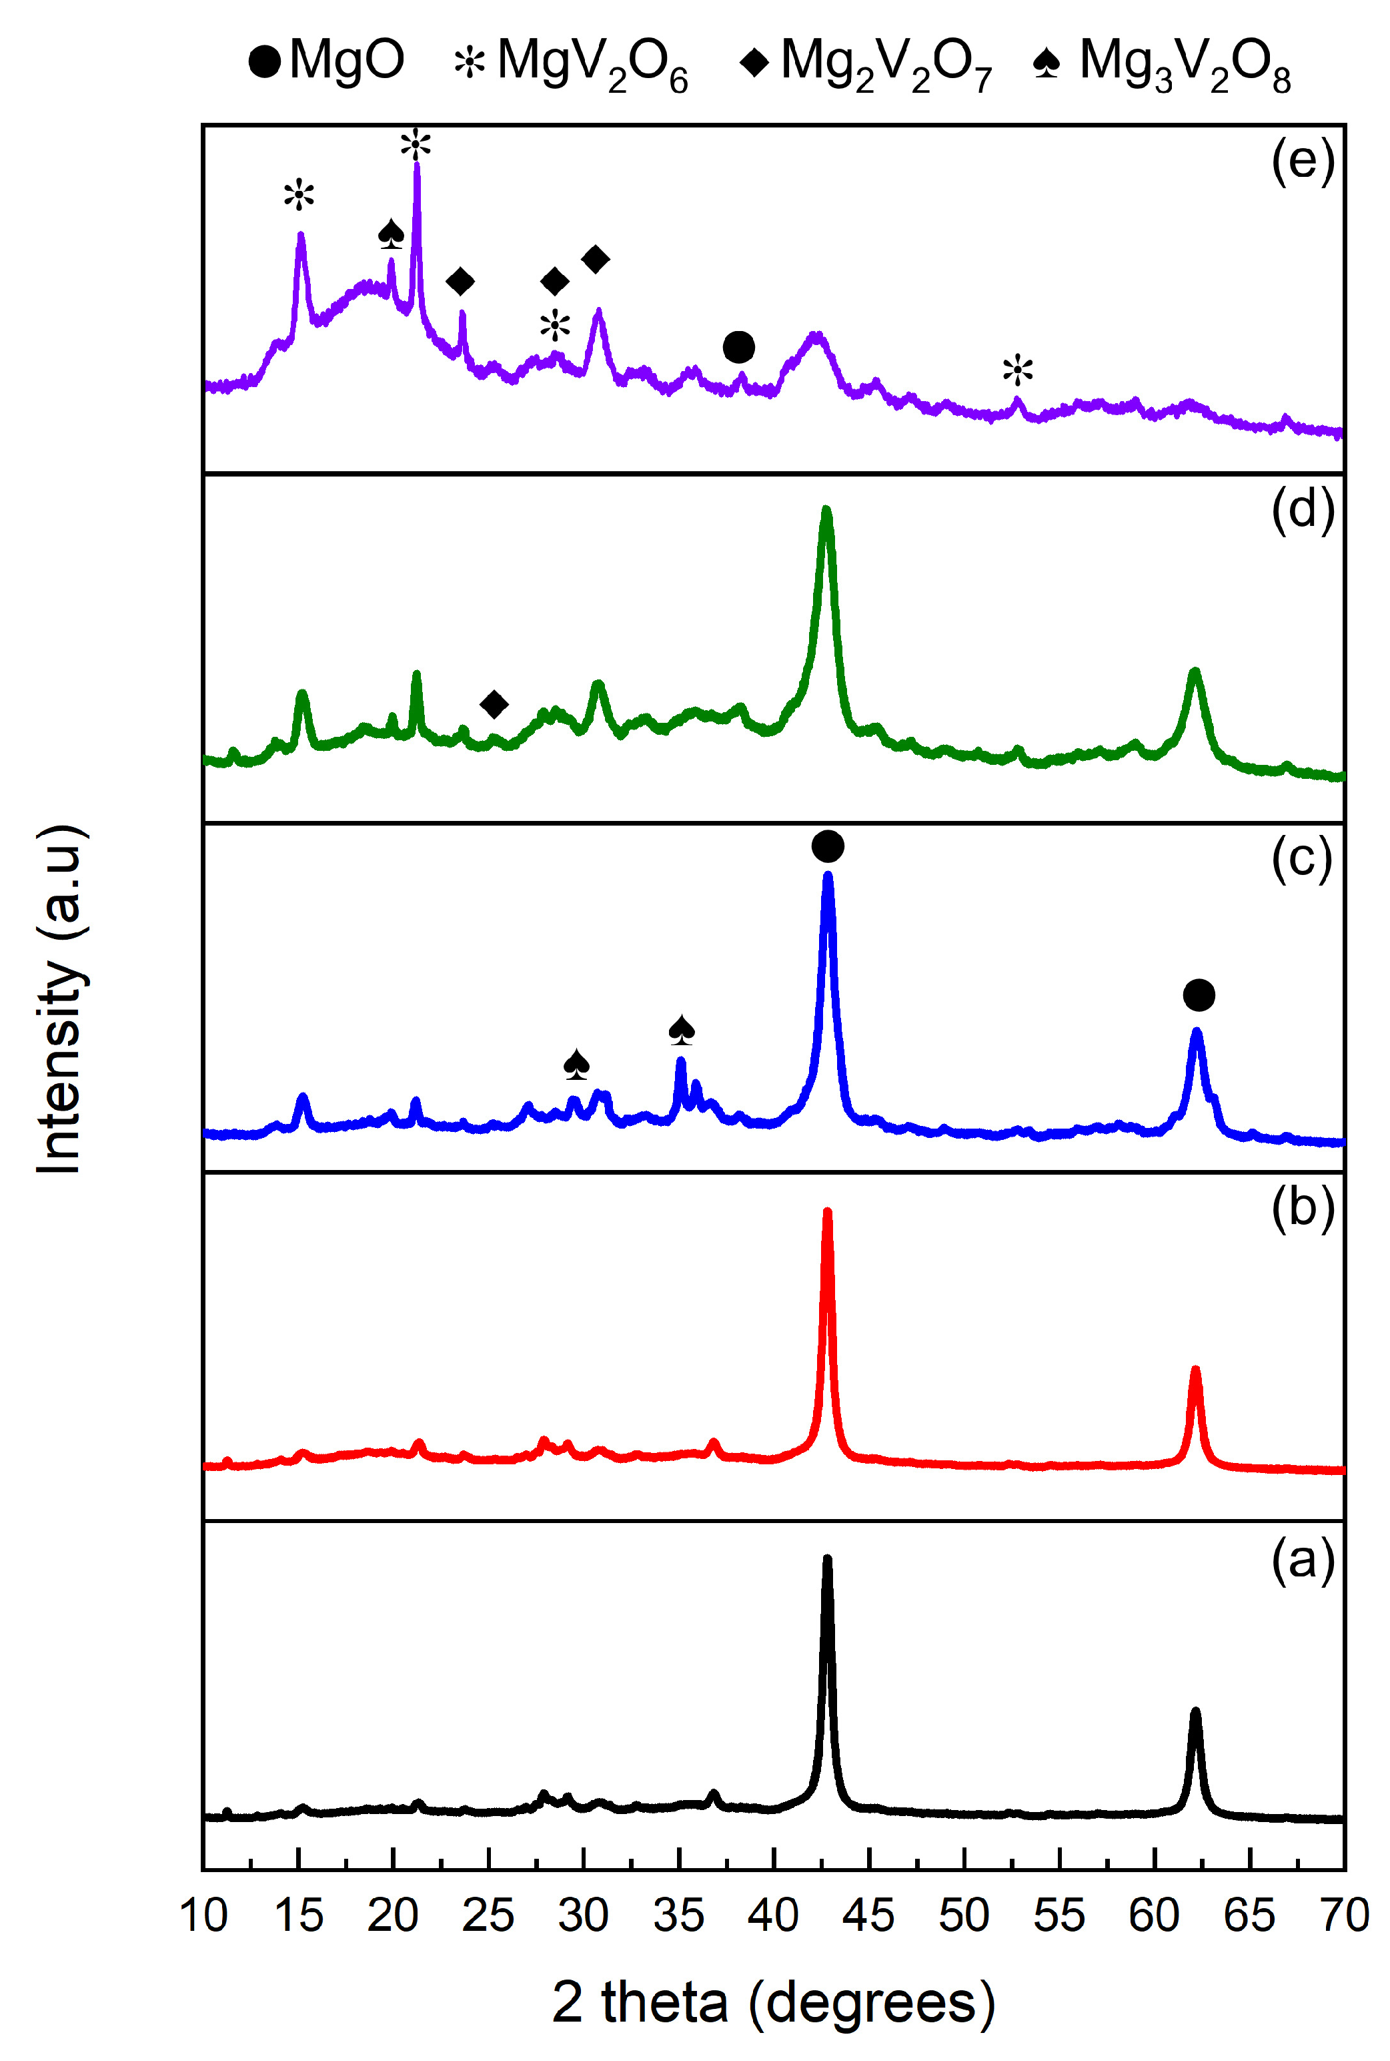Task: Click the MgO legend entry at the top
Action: [x=326, y=60]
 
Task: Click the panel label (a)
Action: [x=1302, y=1558]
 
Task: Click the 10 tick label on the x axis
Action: [x=204, y=1916]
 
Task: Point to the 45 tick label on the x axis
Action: [x=868, y=1916]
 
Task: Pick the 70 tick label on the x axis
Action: [x=1345, y=1916]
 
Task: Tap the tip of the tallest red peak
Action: [x=827, y=1211]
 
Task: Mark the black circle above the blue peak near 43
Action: [x=827, y=846]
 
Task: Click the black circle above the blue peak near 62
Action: [x=1199, y=995]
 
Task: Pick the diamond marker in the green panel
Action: [x=494, y=705]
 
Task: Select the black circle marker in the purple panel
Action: [x=738, y=348]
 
